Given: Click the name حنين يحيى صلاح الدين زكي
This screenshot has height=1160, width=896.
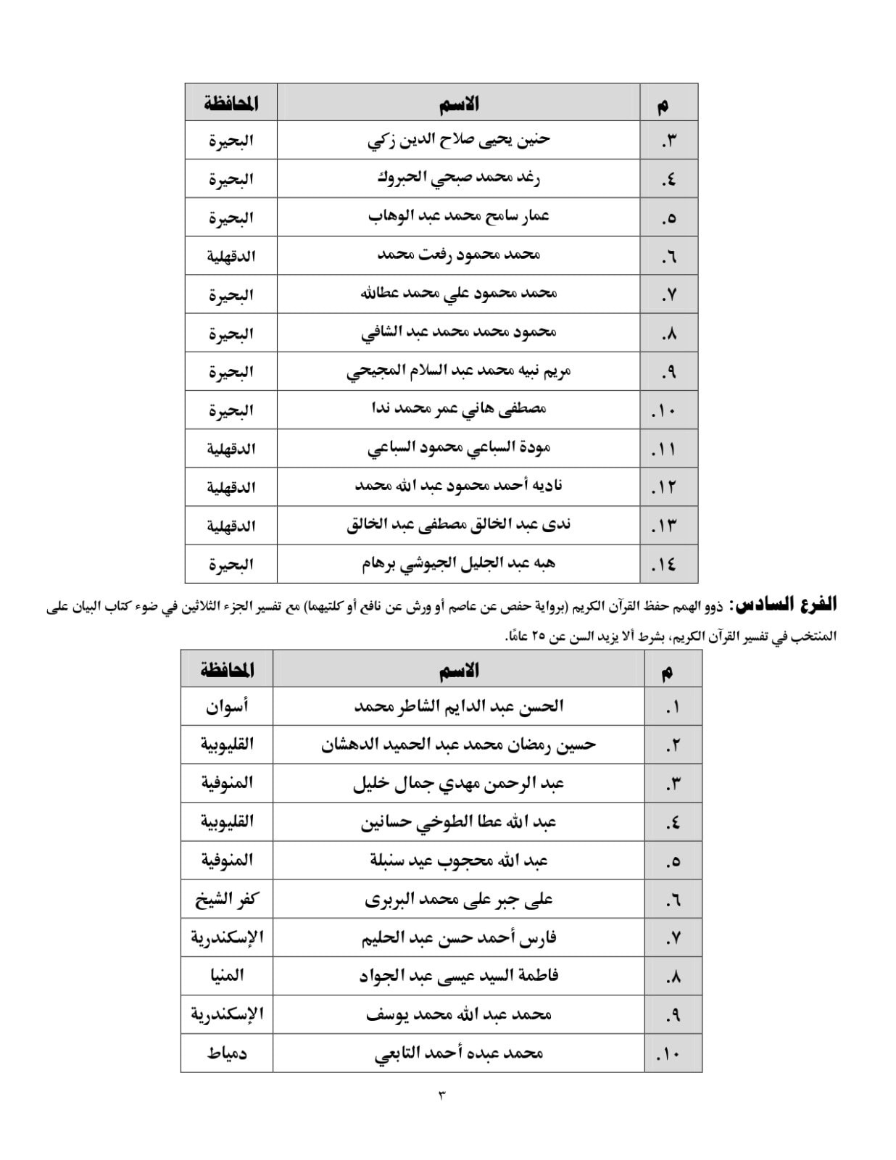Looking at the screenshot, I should (459, 140).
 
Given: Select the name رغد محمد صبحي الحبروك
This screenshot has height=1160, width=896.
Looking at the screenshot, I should (459, 178).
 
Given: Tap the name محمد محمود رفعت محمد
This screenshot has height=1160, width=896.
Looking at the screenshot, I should (459, 255).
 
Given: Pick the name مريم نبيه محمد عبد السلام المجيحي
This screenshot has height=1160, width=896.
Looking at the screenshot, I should (459, 371).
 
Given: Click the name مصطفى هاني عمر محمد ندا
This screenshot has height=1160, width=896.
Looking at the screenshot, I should (459, 410).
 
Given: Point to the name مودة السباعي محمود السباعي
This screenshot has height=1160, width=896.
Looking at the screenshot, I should (459, 448).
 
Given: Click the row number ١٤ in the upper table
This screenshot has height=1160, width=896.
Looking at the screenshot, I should (665, 565).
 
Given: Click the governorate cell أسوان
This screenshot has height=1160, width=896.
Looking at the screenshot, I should (227, 706).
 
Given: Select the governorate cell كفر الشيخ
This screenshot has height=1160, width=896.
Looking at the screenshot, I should (227, 899).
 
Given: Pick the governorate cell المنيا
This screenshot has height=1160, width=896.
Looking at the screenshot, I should (227, 976).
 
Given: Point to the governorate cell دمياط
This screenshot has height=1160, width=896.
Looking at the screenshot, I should (227, 1053).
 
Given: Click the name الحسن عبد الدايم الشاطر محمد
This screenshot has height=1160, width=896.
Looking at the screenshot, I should (459, 706).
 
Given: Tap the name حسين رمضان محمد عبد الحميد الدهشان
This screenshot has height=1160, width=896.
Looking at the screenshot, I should (459, 745).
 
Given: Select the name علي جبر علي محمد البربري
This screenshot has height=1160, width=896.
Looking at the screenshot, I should (459, 899).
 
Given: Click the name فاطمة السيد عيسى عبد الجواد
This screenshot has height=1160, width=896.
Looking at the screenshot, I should (459, 976).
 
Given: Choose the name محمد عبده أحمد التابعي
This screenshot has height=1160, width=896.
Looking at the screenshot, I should (459, 1053).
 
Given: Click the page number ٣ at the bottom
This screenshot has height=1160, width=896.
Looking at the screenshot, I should (441, 1094).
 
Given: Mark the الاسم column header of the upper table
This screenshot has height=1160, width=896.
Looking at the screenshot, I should (459, 104).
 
